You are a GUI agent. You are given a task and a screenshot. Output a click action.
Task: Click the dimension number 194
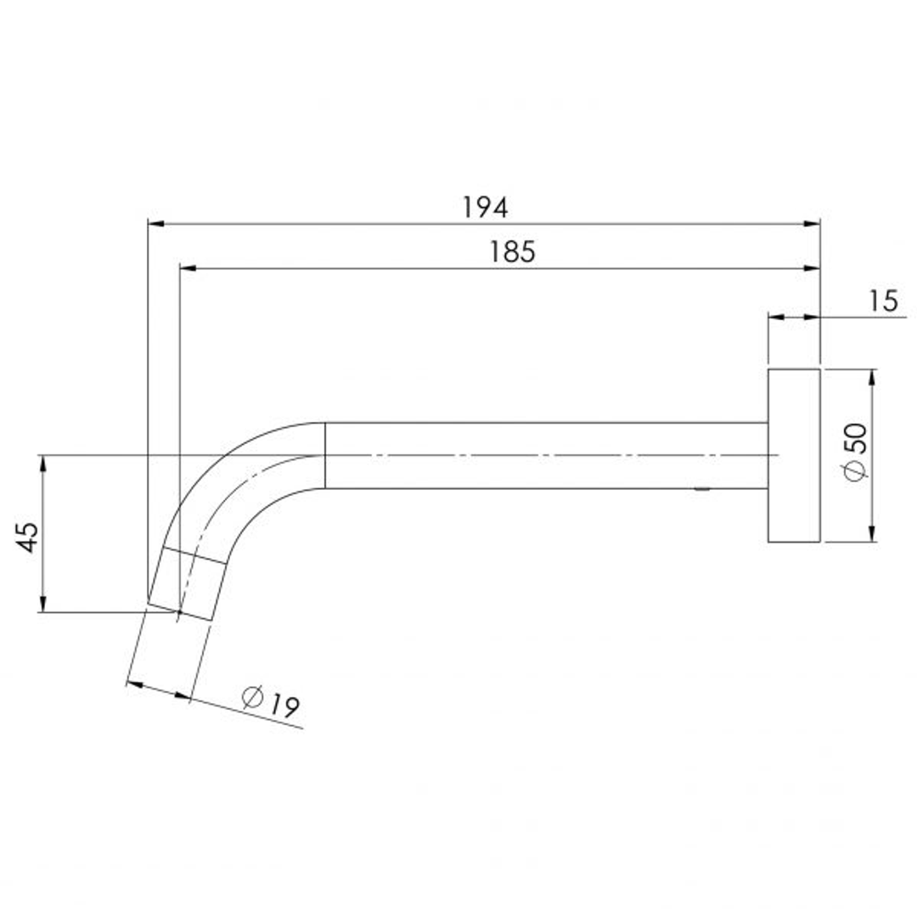point(485,206)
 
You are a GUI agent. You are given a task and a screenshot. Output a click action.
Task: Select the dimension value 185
point(512,251)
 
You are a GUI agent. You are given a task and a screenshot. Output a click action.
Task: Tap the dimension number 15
point(883,301)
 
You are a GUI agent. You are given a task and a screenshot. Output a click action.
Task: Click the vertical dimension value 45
point(28,537)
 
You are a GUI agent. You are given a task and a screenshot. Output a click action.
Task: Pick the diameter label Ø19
point(272,702)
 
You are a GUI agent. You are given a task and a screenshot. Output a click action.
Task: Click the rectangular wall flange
point(794,456)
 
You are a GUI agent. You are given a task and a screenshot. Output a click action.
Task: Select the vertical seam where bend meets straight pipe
point(325,455)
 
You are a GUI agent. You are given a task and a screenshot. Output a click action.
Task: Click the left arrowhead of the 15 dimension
point(775,317)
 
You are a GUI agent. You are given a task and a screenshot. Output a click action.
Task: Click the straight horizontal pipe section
point(543,456)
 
